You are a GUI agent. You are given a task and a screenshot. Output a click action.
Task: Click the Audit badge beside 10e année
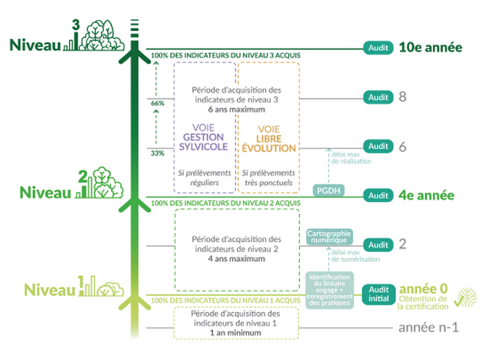point(378,48)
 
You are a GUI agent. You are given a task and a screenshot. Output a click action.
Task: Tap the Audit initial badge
point(378,294)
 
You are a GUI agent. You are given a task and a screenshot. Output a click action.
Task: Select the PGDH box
point(328,190)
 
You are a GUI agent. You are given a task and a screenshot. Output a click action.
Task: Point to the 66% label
point(157,103)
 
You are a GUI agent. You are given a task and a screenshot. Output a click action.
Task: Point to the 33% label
point(157,153)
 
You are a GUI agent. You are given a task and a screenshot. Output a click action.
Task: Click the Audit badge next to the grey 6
point(378,146)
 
